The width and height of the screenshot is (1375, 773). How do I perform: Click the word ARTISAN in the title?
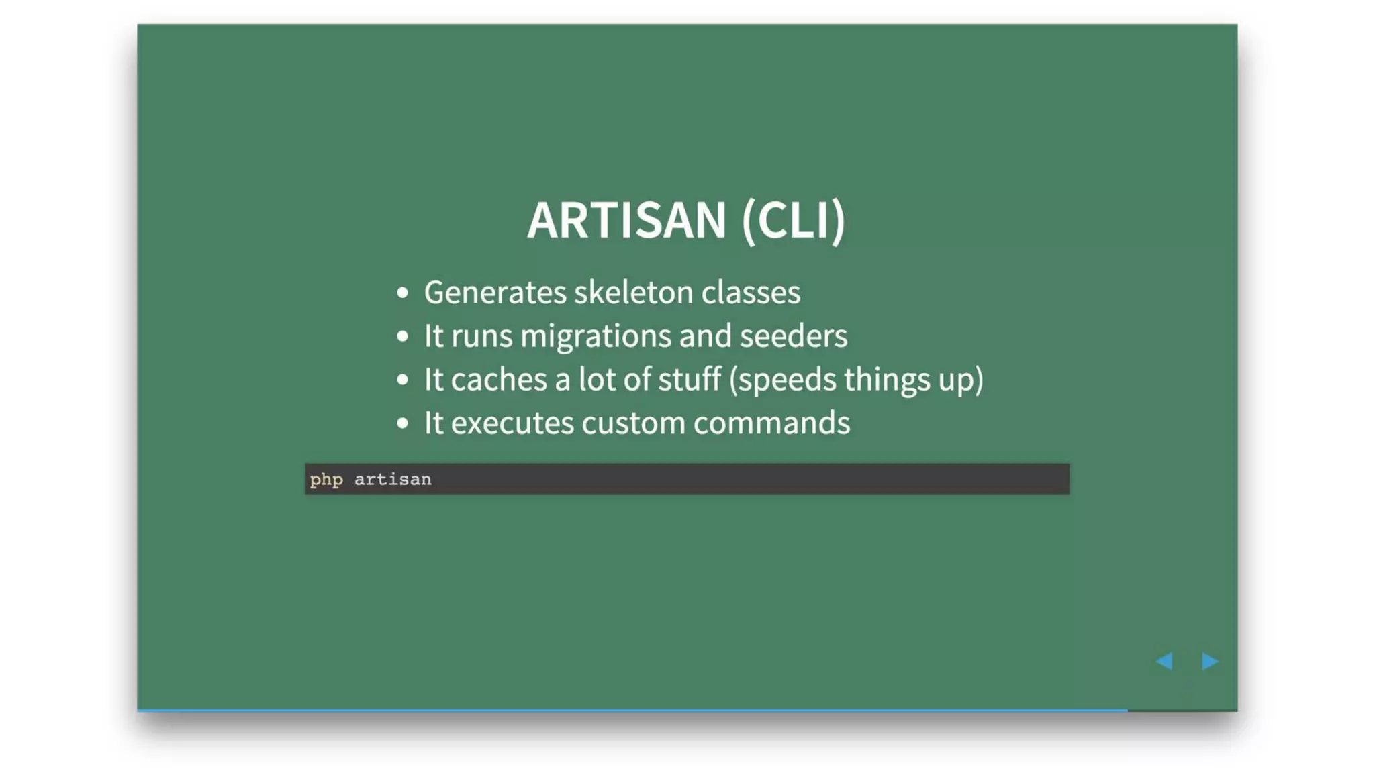point(626,220)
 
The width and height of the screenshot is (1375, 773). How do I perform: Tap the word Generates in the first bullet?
point(495,293)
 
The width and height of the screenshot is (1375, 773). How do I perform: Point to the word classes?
point(751,293)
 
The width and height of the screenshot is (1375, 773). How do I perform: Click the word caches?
point(499,380)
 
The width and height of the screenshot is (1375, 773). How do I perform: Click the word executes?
point(512,423)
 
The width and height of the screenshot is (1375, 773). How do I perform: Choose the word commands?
point(771,423)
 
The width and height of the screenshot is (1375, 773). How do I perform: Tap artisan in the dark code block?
point(393,480)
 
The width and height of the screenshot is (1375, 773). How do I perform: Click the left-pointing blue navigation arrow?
point(1164,661)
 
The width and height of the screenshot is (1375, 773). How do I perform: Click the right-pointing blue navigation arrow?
point(1210,661)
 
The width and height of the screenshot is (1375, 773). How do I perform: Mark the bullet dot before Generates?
point(402,293)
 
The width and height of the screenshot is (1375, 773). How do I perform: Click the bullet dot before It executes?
point(402,423)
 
